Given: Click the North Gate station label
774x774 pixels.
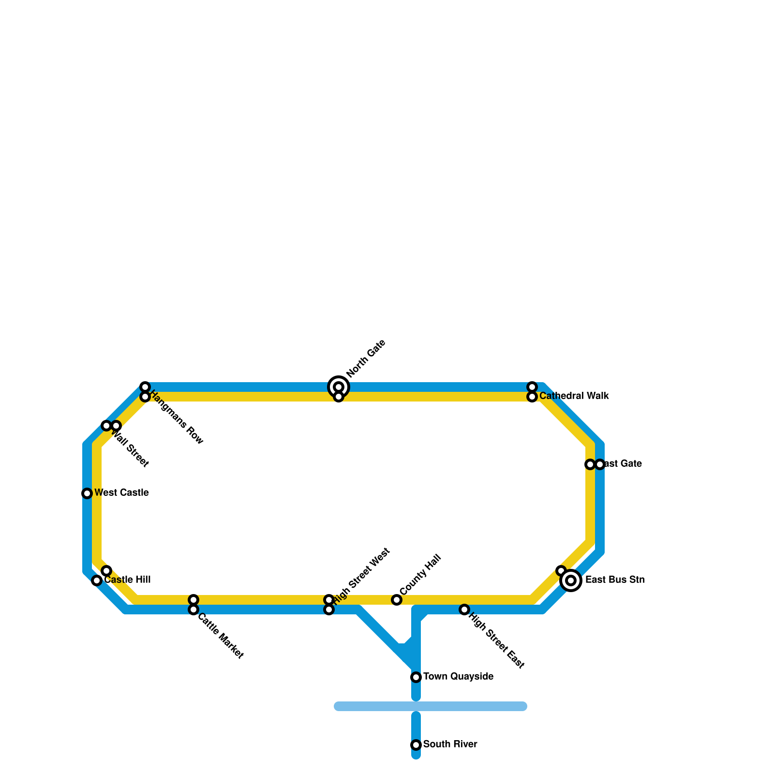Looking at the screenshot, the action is pos(366,358).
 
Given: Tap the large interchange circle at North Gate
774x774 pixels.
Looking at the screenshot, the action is pos(339,387).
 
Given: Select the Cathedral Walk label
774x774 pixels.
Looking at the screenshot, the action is pos(574,396).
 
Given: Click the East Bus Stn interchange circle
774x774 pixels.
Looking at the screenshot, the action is pos(571,580).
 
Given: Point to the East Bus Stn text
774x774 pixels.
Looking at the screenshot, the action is pos(615,580).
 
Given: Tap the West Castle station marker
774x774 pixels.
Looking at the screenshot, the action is pos(87,493).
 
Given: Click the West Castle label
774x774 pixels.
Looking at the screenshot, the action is pos(121,493).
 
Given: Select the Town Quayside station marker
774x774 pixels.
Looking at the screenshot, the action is pos(416,677).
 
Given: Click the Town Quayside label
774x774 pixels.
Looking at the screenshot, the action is pos(458,677).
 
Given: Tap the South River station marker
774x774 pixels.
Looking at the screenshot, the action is pos(416,745).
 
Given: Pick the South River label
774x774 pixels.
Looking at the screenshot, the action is pos(450,744).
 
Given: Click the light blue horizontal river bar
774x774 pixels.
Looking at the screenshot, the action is pos(431,706).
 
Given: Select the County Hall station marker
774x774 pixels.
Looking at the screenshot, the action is pos(397,600).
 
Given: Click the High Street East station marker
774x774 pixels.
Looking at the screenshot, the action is pos(464,610).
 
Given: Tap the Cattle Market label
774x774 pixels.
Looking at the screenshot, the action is pos(220,636).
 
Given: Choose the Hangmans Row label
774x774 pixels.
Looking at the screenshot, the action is pos(176,417).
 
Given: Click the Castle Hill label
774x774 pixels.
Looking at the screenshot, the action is pos(128,580).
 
